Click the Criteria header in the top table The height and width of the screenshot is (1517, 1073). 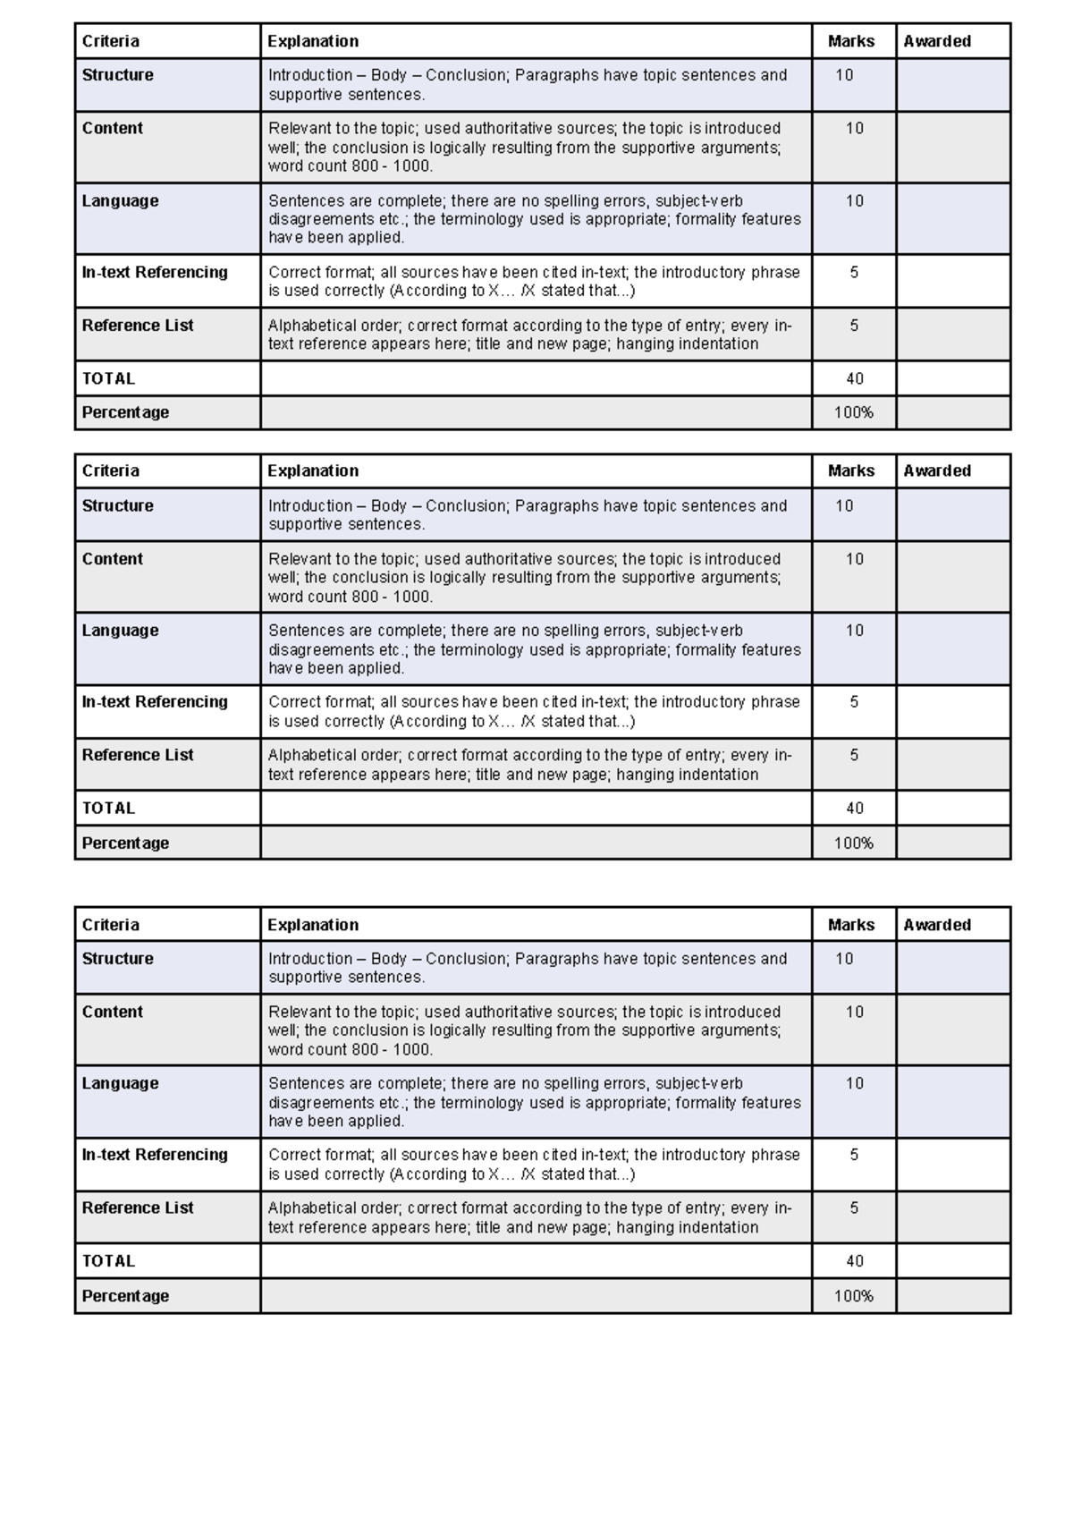(x=111, y=41)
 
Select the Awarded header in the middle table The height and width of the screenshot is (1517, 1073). (x=936, y=470)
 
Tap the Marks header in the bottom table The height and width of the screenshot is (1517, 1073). (x=850, y=925)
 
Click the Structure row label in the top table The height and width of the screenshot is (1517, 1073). (x=118, y=75)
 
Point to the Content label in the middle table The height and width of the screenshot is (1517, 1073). (x=113, y=559)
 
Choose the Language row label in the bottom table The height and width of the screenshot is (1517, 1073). (x=120, y=1083)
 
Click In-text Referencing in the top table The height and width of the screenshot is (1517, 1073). (x=155, y=272)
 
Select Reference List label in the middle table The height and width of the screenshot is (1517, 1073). (x=138, y=755)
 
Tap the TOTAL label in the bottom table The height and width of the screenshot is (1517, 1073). (x=108, y=1261)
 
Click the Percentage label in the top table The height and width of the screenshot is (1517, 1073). (x=125, y=412)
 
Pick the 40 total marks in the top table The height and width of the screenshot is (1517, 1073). (x=854, y=378)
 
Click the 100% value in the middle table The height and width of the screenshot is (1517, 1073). (x=853, y=843)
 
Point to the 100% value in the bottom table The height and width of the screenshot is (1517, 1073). (x=853, y=1296)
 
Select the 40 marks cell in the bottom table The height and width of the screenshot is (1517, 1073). (x=854, y=1261)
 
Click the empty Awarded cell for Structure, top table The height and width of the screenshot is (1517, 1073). (x=953, y=85)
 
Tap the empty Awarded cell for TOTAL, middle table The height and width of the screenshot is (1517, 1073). (x=953, y=808)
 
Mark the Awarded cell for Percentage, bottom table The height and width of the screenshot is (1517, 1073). (x=953, y=1296)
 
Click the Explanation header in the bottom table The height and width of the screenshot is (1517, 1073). (x=313, y=925)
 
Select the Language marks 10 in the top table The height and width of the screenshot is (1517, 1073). (x=854, y=201)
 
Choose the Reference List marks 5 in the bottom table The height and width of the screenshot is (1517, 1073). (x=854, y=1208)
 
